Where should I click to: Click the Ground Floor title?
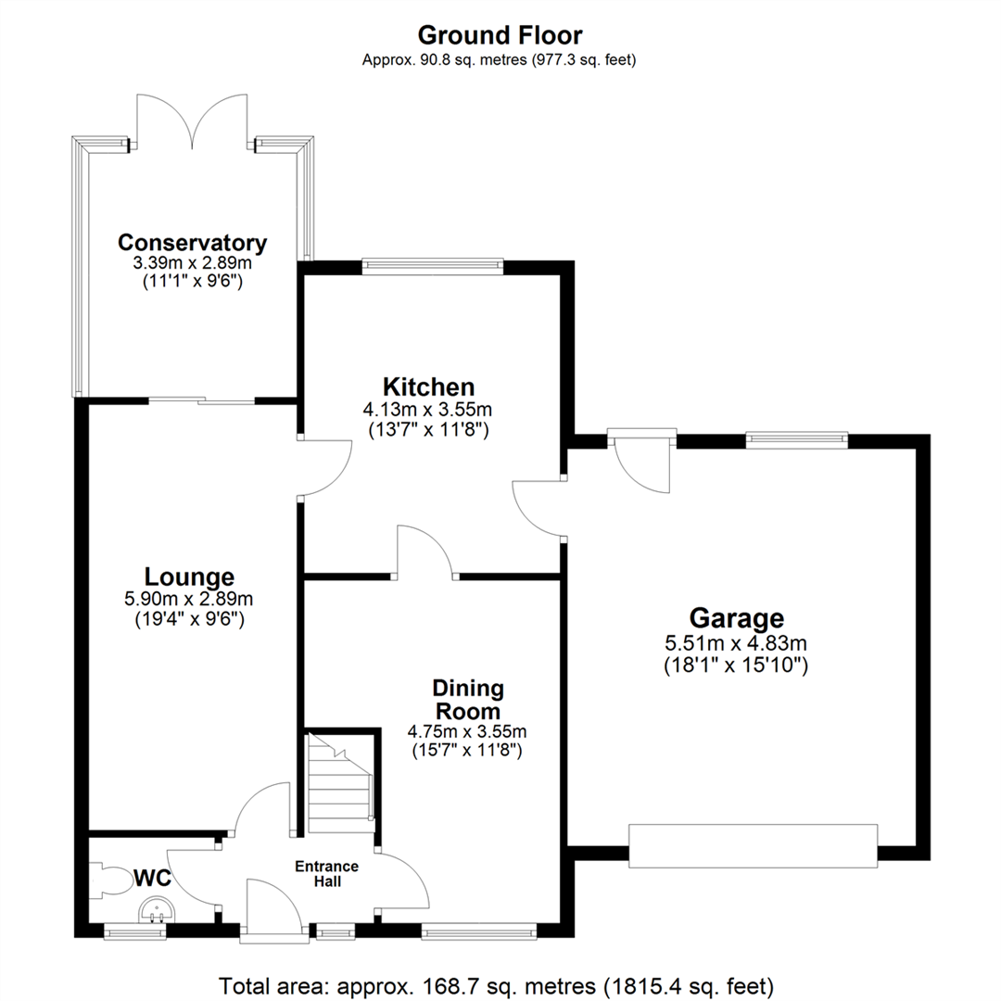(x=500, y=35)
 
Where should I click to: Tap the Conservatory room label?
(x=193, y=243)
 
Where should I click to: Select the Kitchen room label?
(x=429, y=386)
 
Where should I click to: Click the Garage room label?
(x=736, y=617)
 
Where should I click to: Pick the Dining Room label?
(x=467, y=700)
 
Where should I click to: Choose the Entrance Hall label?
(x=326, y=873)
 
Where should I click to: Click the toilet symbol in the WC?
(x=112, y=878)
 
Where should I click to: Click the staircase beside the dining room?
(x=339, y=783)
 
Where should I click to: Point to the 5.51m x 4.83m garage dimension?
(x=736, y=642)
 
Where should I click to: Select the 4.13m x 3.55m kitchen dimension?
(x=429, y=409)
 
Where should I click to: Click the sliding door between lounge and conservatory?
(x=202, y=400)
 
